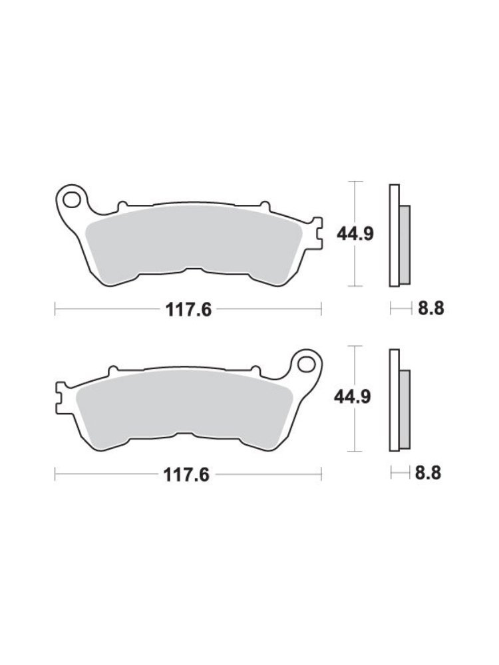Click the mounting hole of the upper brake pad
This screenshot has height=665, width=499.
tap(71, 199)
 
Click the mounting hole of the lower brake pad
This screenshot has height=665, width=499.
tap(305, 364)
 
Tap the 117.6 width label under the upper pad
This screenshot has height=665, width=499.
tap(188, 310)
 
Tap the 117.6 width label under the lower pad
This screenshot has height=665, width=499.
tap(187, 475)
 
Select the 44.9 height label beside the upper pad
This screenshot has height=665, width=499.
tap(355, 233)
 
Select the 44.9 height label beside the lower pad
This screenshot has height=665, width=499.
tap(353, 397)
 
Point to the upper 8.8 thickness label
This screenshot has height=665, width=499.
tap(431, 309)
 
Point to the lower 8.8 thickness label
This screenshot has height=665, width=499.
tap(428, 472)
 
